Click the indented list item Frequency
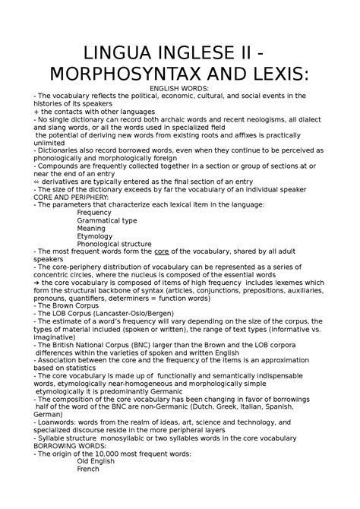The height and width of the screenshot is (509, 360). point(95,213)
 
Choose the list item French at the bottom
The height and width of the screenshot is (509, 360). point(89,470)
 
